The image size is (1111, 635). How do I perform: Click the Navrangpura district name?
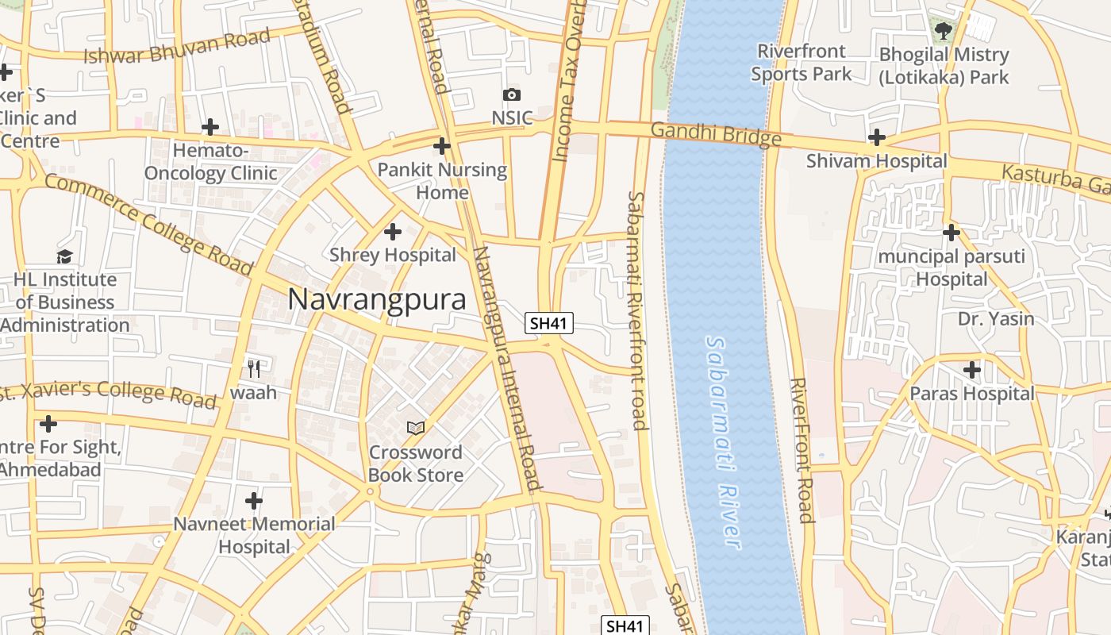[377, 299]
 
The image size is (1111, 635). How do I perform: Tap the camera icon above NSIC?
[512, 95]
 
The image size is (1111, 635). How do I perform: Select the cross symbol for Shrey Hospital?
[392, 232]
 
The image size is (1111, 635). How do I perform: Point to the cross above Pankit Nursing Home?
[442, 146]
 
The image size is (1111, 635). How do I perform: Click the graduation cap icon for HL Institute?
[64, 256]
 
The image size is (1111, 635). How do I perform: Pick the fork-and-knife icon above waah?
[254, 368]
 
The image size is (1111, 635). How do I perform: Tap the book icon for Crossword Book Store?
[416, 428]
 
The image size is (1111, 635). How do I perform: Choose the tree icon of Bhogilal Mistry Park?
[943, 32]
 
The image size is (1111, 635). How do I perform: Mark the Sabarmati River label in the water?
[724, 441]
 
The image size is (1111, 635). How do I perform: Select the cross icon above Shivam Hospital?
[876, 138]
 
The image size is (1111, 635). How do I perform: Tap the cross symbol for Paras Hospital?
[971, 370]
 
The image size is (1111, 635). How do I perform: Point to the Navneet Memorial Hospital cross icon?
[254, 501]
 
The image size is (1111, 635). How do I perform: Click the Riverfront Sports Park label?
[801, 63]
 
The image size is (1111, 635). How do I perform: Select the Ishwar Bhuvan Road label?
[176, 46]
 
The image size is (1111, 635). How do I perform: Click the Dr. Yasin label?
[996, 319]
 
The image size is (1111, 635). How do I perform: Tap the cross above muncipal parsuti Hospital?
[951, 233]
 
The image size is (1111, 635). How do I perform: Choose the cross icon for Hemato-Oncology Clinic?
[210, 127]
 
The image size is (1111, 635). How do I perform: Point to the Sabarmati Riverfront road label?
[637, 310]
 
